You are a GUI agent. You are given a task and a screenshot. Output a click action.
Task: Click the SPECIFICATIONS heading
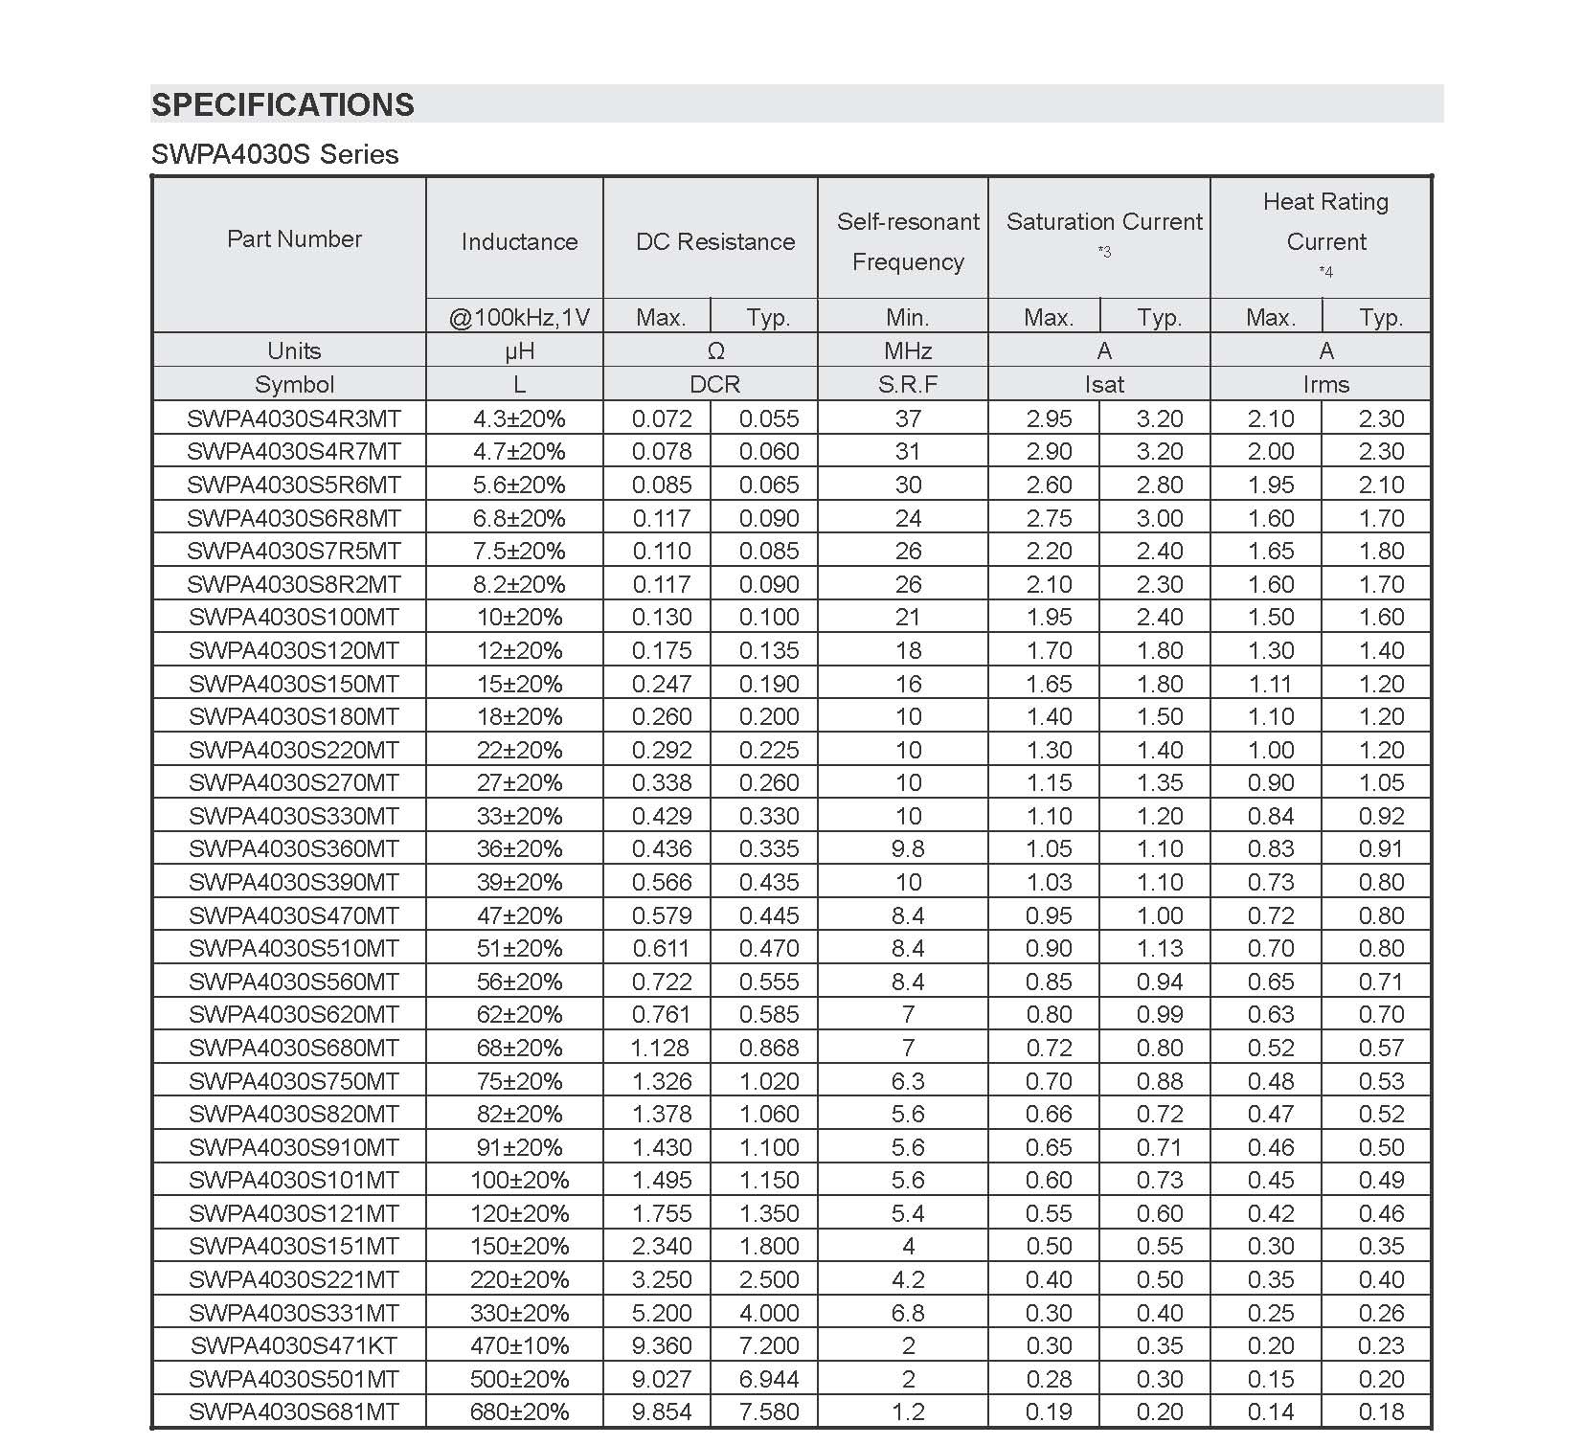[283, 104]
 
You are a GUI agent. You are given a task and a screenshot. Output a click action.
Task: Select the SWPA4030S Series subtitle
[275, 154]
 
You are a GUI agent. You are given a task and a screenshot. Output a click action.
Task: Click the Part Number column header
[294, 238]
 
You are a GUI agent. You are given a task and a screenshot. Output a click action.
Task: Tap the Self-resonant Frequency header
[908, 241]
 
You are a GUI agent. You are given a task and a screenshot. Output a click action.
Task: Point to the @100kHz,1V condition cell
[519, 317]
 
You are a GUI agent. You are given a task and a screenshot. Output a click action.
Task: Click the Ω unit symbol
[714, 350]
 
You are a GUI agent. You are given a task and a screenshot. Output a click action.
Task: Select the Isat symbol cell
[1103, 384]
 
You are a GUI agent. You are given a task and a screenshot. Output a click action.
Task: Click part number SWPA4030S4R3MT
[294, 418]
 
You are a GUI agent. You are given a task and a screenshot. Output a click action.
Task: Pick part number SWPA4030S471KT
[294, 1345]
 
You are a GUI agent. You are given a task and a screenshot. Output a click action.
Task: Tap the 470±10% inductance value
[519, 1345]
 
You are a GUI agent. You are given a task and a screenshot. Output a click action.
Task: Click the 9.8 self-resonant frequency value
[908, 848]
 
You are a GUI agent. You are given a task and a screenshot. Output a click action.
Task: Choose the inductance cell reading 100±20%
[519, 1180]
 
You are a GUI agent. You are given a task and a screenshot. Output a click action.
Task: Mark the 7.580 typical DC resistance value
[768, 1411]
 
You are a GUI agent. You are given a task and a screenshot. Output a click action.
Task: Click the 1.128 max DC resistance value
[661, 1048]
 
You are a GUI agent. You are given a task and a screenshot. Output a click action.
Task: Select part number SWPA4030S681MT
[294, 1411]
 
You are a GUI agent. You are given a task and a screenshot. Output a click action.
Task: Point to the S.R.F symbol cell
[908, 384]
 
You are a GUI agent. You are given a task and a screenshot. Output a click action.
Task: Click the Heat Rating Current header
[1325, 222]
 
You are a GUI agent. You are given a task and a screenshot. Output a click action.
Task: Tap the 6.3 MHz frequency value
[908, 1081]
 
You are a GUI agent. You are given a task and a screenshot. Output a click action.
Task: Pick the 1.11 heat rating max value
[1271, 684]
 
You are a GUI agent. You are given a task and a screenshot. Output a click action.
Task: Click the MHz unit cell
[908, 350]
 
